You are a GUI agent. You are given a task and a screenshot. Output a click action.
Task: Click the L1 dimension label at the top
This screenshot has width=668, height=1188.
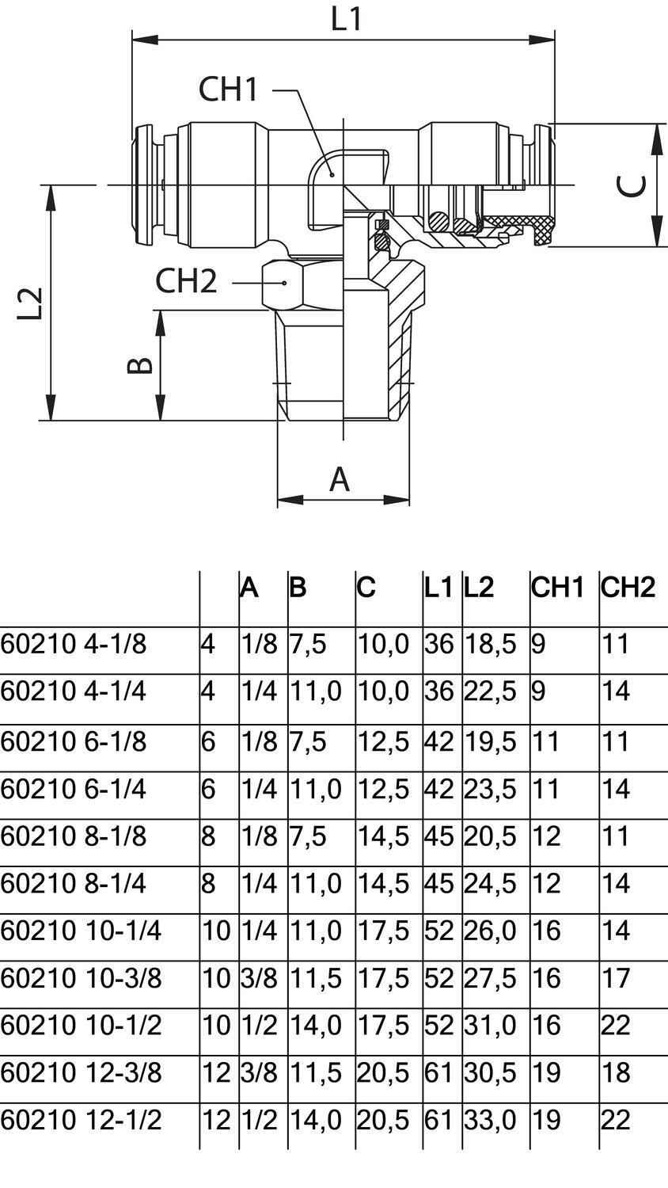[346, 19]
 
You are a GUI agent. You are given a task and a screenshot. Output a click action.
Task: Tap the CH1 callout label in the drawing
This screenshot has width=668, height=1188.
[228, 89]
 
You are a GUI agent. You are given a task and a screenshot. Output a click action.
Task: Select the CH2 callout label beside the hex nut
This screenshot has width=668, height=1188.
[186, 281]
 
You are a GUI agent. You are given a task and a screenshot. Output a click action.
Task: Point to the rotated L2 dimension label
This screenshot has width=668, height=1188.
[30, 303]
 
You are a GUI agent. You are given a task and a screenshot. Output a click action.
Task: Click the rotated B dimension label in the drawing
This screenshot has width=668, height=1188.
[140, 365]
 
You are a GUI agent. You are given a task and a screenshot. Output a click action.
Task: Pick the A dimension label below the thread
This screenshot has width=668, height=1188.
[339, 479]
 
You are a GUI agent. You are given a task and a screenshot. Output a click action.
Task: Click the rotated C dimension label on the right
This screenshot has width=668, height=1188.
[631, 185]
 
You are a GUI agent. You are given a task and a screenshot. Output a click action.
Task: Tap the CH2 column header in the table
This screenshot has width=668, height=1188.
[628, 588]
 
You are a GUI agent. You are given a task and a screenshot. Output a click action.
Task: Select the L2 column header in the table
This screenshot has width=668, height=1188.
[479, 588]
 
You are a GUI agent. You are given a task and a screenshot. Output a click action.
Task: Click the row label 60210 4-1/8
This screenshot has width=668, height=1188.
[74, 644]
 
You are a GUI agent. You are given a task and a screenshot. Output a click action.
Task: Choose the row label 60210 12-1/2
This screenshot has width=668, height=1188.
[81, 1120]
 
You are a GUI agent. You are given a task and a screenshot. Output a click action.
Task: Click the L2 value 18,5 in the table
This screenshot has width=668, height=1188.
[489, 644]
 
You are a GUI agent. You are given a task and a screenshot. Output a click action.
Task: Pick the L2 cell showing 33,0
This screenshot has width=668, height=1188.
[489, 1120]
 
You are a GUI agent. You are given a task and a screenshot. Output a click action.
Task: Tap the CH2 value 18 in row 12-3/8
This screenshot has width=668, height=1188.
[616, 1072]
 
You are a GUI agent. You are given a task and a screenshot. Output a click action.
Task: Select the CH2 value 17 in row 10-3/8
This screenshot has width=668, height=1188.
[616, 978]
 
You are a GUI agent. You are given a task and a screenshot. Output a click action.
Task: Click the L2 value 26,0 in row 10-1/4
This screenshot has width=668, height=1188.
[489, 931]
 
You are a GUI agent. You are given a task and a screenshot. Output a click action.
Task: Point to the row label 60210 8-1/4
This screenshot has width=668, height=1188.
[74, 883]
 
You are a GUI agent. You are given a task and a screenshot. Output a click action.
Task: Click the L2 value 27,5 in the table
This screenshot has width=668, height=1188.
[489, 978]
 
